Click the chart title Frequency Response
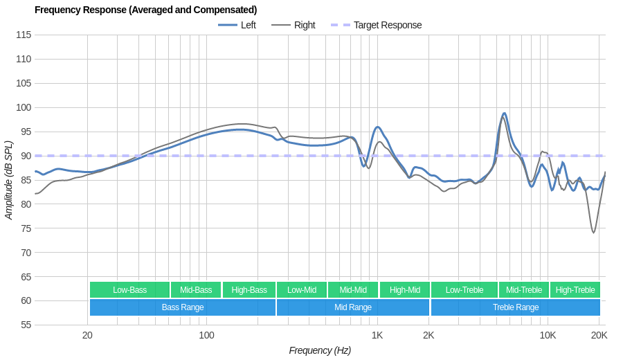click(x=145, y=10)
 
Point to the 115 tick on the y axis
click(x=24, y=35)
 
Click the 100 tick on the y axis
click(x=24, y=107)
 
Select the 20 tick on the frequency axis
click(x=87, y=335)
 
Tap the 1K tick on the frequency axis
click(x=377, y=335)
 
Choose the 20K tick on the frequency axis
click(x=599, y=335)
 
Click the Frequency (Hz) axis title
click(x=320, y=350)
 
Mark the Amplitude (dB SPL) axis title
click(x=9, y=180)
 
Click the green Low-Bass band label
click(x=129, y=290)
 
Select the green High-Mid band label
click(x=405, y=290)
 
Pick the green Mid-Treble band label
click(x=524, y=290)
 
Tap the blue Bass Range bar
click(x=183, y=307)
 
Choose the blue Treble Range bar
click(x=516, y=307)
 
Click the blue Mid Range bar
click(x=353, y=307)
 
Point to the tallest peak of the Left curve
click(x=505, y=114)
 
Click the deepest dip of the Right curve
click(x=593, y=233)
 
